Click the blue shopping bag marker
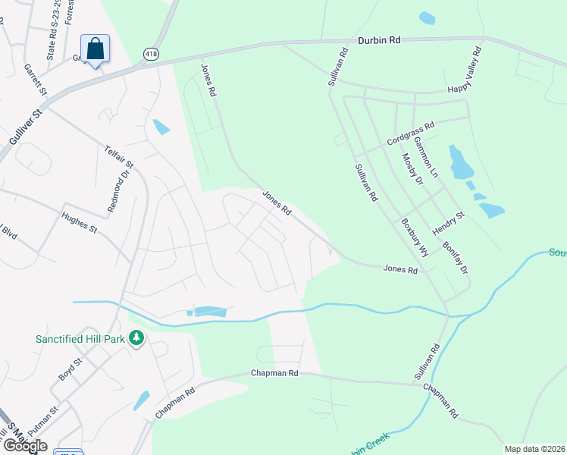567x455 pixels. (x=95, y=49)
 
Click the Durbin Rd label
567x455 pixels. (x=384, y=40)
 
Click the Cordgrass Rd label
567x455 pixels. (x=410, y=135)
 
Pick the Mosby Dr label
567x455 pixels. (x=412, y=169)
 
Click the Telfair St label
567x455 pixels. (x=119, y=154)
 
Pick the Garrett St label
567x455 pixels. (x=35, y=80)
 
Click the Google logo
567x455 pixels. (x=24, y=445)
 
